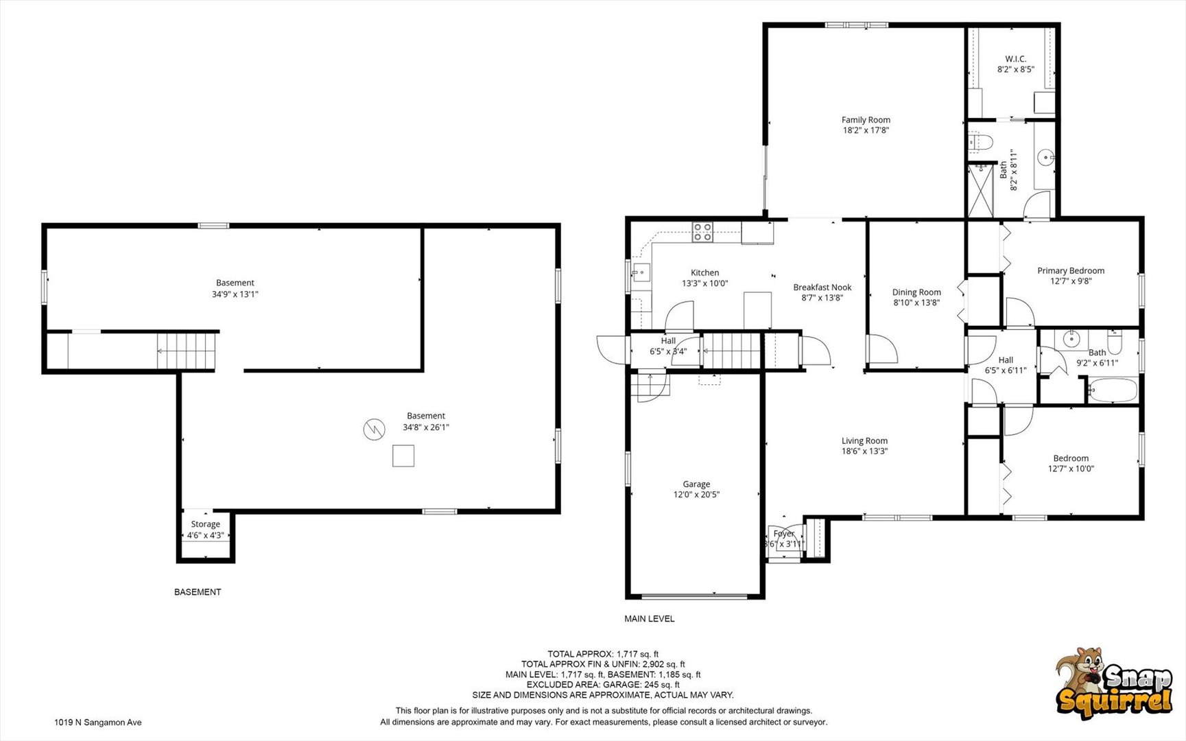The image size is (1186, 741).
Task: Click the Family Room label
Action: [x=866, y=120]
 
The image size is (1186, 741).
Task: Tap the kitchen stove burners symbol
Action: [x=702, y=233]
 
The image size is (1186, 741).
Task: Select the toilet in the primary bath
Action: [x=982, y=143]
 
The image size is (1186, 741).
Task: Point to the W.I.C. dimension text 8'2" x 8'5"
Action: [x=1015, y=69]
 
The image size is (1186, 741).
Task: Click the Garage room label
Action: [x=696, y=484]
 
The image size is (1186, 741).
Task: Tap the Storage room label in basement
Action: [x=205, y=524]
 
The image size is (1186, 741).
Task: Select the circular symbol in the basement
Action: [x=374, y=430]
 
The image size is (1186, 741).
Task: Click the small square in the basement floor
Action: [x=403, y=456]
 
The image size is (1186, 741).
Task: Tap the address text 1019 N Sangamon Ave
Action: [x=98, y=722]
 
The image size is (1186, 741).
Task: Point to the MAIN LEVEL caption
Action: [x=649, y=619]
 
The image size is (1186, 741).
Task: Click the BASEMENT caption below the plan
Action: [x=198, y=592]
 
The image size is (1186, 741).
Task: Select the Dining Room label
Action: [x=916, y=292]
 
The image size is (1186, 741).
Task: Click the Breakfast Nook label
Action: [x=822, y=287]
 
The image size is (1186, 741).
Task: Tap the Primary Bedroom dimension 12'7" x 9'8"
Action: [x=1070, y=281]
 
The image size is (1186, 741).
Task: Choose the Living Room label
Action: [x=864, y=441]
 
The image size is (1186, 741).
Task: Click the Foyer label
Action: [x=783, y=534]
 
